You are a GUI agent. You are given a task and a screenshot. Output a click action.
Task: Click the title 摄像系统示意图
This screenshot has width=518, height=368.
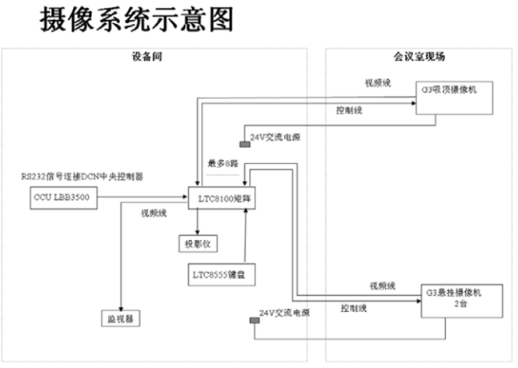tap(137, 22)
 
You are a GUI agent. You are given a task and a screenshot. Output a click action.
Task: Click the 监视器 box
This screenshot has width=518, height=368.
tap(121, 318)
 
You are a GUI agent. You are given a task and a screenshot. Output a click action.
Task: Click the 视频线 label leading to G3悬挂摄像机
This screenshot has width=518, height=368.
tap(383, 286)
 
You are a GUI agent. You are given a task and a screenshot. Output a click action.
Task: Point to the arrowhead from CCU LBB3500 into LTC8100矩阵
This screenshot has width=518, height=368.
tap(183, 198)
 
